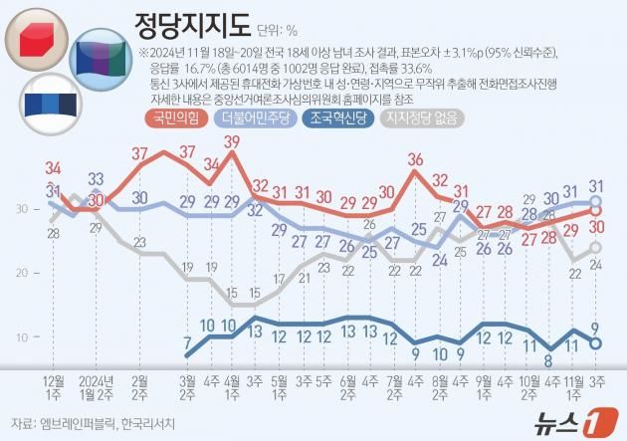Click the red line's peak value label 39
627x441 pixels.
point(233,142)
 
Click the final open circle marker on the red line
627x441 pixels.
point(596,210)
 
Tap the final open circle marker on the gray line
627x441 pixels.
point(596,248)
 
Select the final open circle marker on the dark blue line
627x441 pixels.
point(596,343)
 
